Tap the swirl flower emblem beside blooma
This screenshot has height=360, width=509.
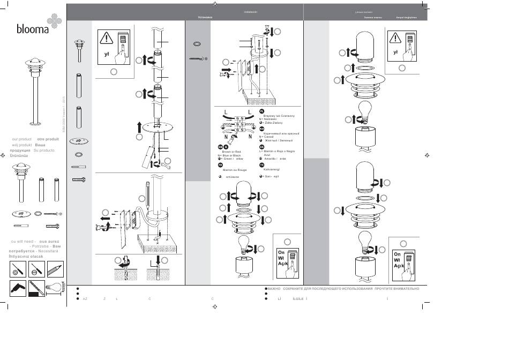[55, 22]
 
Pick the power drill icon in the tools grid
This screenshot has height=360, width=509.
[18, 288]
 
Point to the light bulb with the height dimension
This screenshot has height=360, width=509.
[54, 288]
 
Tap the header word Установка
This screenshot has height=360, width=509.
[205, 18]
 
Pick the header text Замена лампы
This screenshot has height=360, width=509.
[373, 18]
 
